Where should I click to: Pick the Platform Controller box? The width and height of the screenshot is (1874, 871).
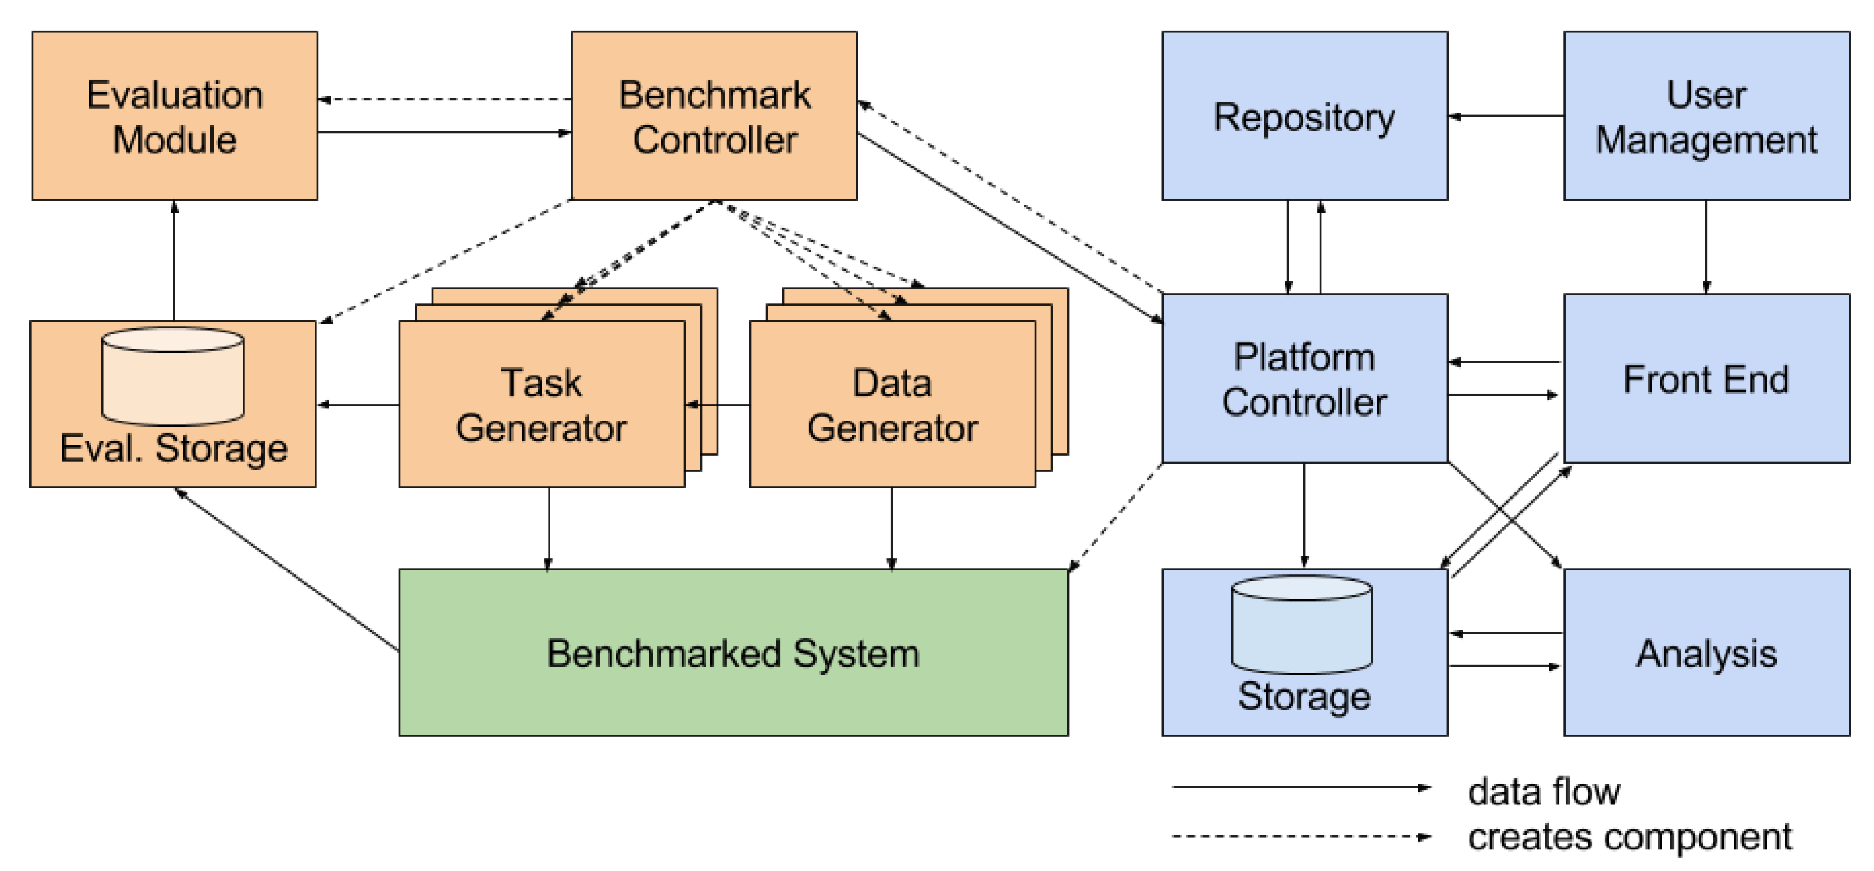1304,379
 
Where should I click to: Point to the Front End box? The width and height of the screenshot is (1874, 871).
1706,379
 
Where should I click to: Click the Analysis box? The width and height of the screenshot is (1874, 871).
1706,653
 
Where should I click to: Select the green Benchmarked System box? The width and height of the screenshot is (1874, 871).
733,653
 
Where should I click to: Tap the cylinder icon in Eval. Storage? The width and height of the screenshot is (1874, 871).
173,376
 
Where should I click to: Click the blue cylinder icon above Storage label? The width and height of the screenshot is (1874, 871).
1302,624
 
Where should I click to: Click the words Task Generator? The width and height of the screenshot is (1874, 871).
541,405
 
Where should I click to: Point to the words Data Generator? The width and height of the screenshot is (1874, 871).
892,405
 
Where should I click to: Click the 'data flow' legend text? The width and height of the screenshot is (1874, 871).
1543,791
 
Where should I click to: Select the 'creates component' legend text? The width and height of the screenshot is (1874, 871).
1630,837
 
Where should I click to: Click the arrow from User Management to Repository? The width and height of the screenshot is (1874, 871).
1506,115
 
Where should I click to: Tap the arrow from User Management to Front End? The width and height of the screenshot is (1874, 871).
1706,247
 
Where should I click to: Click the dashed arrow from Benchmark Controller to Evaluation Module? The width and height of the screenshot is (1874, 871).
444,99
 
